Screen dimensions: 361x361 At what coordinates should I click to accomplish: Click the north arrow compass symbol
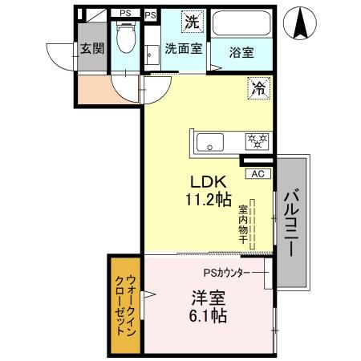302,22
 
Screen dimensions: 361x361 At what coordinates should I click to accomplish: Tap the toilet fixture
124,38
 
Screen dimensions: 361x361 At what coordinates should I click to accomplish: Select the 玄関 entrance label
91,48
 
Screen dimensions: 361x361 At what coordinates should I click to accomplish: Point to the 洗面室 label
182,48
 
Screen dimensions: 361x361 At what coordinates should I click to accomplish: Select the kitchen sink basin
212,144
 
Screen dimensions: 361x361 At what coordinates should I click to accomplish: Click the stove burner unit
258,141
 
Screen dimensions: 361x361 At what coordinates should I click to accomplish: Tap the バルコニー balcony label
293,221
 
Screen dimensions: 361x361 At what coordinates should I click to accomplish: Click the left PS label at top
125,13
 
